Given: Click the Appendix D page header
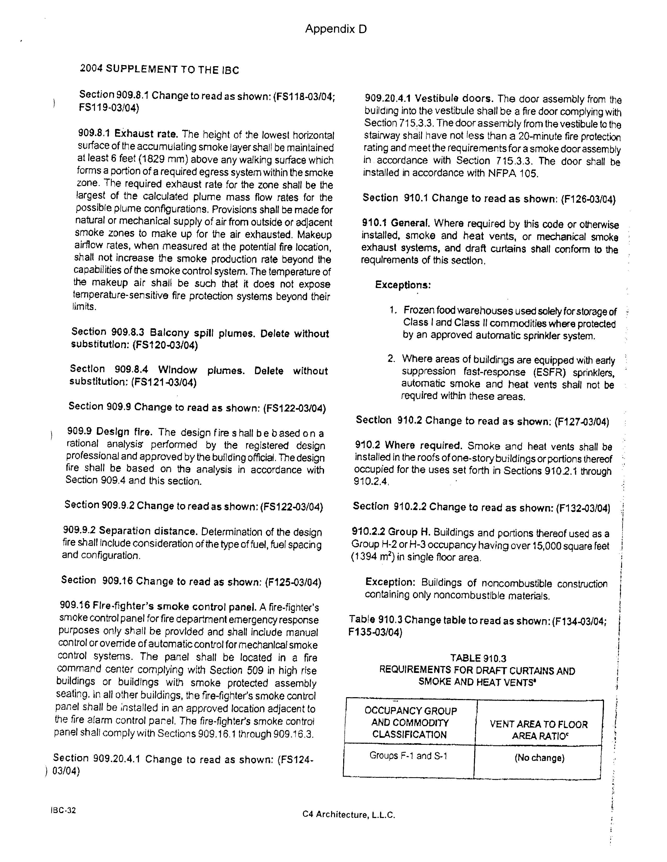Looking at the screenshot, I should coord(336,29).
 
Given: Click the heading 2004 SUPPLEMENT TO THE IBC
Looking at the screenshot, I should coord(160,70).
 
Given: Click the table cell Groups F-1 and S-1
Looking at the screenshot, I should coord(408,756).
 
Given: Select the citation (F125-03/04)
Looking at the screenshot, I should coord(293,582).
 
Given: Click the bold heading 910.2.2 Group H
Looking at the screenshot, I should coord(391,532).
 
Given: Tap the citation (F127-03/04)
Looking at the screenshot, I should coord(581,422).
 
